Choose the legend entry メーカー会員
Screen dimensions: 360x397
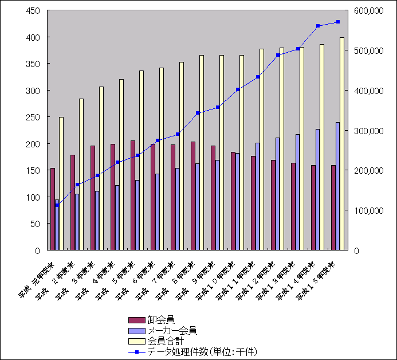pyautogui.click(x=172, y=330)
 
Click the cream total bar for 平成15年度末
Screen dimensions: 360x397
pyautogui.click(x=342, y=143)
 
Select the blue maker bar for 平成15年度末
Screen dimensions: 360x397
pyautogui.click(x=337, y=186)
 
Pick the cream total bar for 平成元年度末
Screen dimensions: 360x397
pyautogui.click(x=61, y=183)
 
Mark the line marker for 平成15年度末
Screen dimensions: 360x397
pyautogui.click(x=338, y=22)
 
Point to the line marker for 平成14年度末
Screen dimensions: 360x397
pyautogui.click(x=318, y=26)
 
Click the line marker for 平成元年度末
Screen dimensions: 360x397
pyautogui.click(x=57, y=205)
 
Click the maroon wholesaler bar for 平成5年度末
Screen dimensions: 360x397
pyautogui.click(x=133, y=195)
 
